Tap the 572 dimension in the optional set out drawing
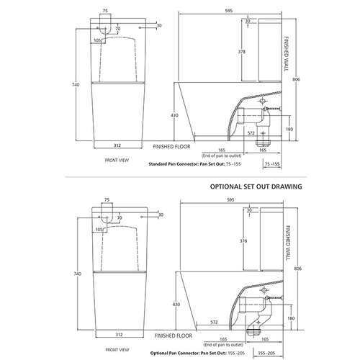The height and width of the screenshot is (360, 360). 215,323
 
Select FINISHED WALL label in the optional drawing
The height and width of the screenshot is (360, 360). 290,233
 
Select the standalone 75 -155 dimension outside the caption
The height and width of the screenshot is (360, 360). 273,163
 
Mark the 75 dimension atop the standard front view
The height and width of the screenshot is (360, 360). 106,11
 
